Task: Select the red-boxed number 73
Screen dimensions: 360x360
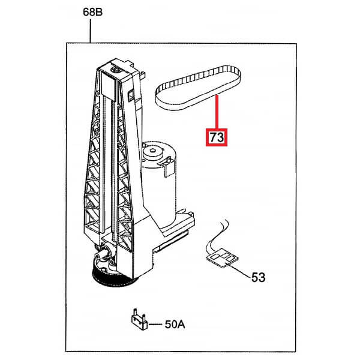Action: (217, 137)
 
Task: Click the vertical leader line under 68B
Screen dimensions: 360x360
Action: (91, 30)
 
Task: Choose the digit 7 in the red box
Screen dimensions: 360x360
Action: (213, 137)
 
